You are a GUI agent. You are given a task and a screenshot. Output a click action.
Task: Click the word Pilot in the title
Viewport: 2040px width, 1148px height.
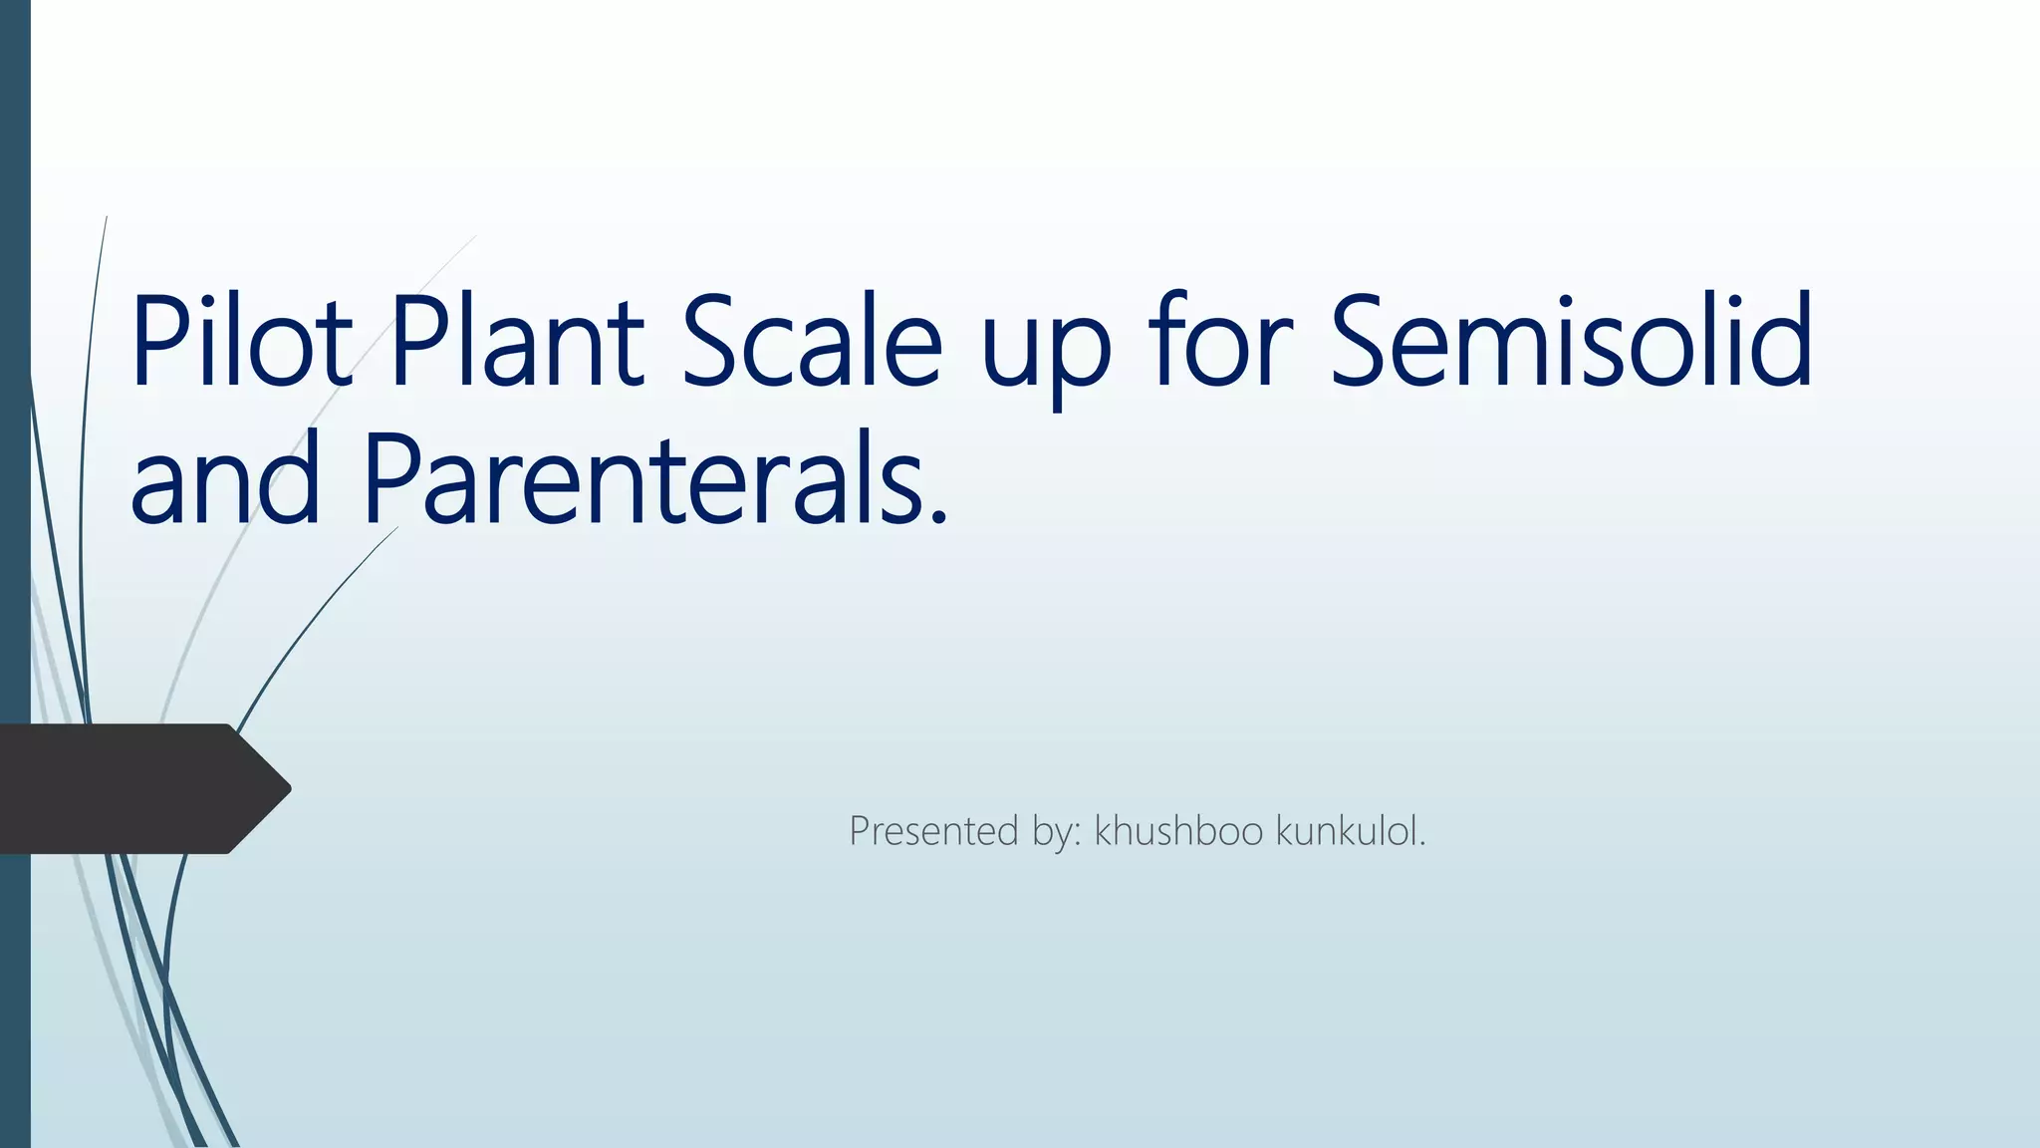tap(241, 341)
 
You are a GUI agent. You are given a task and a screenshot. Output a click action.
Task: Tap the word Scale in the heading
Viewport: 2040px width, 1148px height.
tap(811, 341)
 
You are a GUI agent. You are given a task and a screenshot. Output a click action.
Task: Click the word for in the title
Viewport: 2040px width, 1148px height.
tap(1221, 341)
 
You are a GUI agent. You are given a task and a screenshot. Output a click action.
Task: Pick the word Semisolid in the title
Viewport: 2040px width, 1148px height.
tap(1572, 341)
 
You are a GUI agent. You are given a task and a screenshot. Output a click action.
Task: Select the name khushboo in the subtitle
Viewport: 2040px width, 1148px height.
tap(1178, 831)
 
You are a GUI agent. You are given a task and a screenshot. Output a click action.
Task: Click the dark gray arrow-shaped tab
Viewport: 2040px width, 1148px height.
tap(129, 788)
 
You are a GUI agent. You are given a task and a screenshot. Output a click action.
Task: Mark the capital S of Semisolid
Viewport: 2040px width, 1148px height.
tap(1367, 341)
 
